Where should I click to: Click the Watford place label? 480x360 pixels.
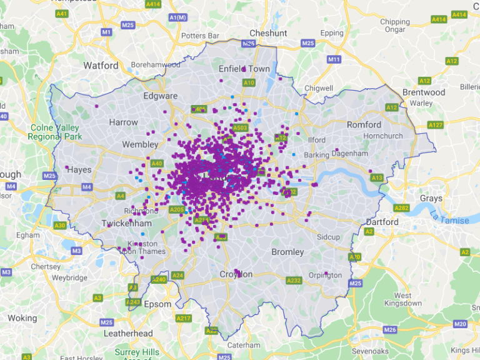click(x=101, y=65)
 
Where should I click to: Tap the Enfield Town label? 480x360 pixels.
click(x=244, y=69)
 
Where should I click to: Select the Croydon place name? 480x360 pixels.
click(x=236, y=274)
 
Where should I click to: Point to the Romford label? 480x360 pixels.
click(x=364, y=124)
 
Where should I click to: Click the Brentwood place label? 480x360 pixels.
click(x=424, y=92)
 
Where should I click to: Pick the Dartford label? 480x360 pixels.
click(x=381, y=222)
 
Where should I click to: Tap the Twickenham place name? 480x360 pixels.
click(x=127, y=223)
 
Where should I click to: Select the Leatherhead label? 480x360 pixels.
click(x=128, y=333)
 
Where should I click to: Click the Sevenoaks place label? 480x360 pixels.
click(x=370, y=351)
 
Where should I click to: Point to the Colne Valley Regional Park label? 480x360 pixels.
click(x=55, y=132)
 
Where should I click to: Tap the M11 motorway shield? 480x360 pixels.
click(x=334, y=59)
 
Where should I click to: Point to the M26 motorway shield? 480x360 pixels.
click(x=391, y=329)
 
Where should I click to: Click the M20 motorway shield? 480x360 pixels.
click(x=461, y=324)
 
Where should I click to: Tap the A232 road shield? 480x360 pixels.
click(x=293, y=281)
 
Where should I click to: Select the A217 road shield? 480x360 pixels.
click(x=183, y=318)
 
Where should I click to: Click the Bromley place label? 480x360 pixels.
click(x=287, y=252)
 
